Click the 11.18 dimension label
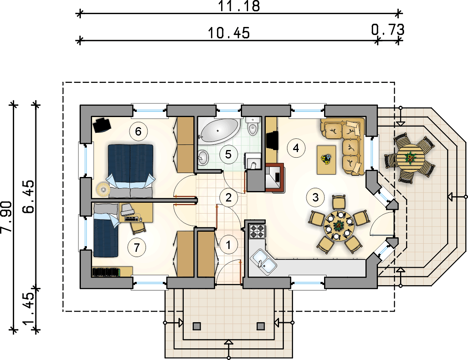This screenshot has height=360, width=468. point(239,6)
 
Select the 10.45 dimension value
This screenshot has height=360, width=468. point(229,33)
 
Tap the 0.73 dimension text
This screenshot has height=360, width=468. point(388,29)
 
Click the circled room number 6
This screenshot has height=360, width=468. point(138,131)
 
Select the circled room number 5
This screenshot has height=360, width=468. point(228,154)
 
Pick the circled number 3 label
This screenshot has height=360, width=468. point(316,197)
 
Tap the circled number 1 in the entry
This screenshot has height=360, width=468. point(228,245)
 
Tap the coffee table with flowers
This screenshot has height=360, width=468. point(326,160)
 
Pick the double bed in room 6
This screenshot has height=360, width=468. point(130,171)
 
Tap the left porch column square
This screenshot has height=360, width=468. point(197,326)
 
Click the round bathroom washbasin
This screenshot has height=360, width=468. point(203,157)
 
